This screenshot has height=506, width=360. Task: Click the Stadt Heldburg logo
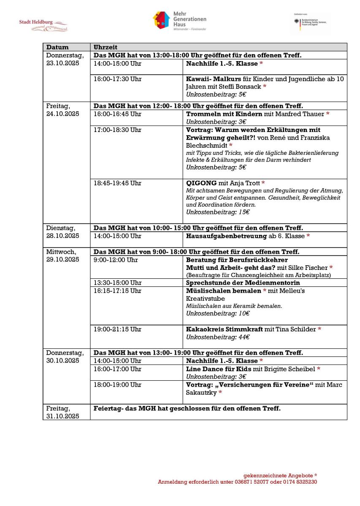43,25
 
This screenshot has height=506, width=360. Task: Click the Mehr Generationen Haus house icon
161,20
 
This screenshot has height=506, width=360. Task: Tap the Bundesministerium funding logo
312,20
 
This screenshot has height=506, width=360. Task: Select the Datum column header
57,47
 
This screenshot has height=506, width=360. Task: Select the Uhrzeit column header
106,47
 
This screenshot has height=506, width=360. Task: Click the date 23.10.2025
62,63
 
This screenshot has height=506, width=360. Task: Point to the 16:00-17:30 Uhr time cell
118,79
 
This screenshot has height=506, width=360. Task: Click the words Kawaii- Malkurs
207,79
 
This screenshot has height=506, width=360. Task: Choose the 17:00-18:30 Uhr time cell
118,130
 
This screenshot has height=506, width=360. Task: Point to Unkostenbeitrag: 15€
218,212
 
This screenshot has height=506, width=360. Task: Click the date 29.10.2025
62,260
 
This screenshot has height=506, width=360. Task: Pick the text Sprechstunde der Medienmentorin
243,283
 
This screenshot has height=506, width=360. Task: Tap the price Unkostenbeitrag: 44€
218,337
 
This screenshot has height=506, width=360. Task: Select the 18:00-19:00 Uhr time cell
118,385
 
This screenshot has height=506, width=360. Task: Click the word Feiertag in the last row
107,408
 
